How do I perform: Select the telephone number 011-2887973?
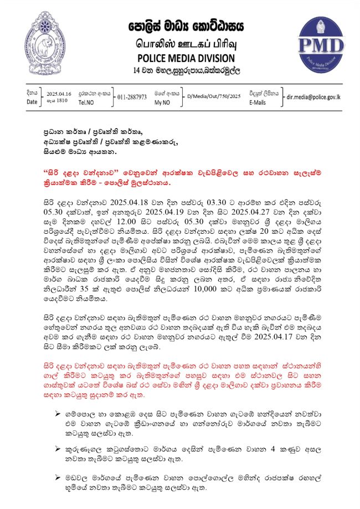point(132,97)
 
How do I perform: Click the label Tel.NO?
point(88,102)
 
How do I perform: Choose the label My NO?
point(162,102)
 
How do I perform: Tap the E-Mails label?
point(258,102)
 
